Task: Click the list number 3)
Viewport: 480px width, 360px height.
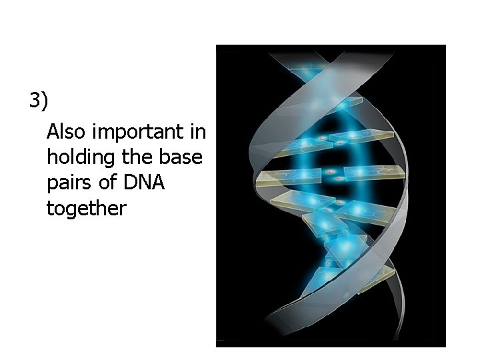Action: click(x=39, y=101)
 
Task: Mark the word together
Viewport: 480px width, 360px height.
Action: click(x=86, y=209)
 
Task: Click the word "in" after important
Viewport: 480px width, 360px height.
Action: click(x=198, y=131)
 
